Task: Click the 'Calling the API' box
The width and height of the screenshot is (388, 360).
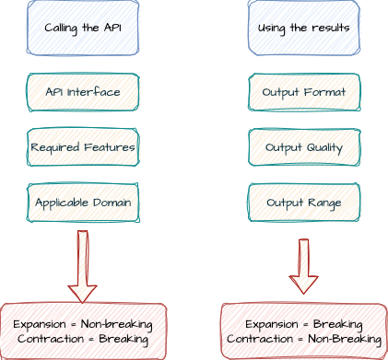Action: click(83, 28)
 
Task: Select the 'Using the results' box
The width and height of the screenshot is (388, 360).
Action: click(304, 28)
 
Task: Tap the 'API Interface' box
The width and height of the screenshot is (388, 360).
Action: click(83, 92)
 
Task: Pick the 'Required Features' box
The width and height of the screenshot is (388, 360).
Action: click(83, 147)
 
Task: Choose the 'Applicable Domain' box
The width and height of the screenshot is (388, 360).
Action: click(83, 203)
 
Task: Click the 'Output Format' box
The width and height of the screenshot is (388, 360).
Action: click(304, 92)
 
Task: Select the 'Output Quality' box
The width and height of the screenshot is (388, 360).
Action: click(304, 147)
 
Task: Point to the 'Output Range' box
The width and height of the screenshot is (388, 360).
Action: click(304, 203)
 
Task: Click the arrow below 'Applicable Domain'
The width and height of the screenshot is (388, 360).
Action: click(82, 266)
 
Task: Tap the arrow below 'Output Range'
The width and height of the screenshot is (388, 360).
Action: click(303, 266)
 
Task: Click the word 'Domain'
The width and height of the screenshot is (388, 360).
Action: click(112, 203)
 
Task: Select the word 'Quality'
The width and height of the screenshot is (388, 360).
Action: click(324, 148)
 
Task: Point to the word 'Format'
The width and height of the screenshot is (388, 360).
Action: click(324, 92)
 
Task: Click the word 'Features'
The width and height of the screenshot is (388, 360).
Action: click(110, 147)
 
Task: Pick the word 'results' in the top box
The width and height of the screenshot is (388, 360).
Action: click(331, 28)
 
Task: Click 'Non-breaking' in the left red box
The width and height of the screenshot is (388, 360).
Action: click(116, 325)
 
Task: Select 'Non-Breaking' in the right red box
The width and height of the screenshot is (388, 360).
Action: click(345, 339)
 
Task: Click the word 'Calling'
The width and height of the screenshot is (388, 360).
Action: click(61, 29)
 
